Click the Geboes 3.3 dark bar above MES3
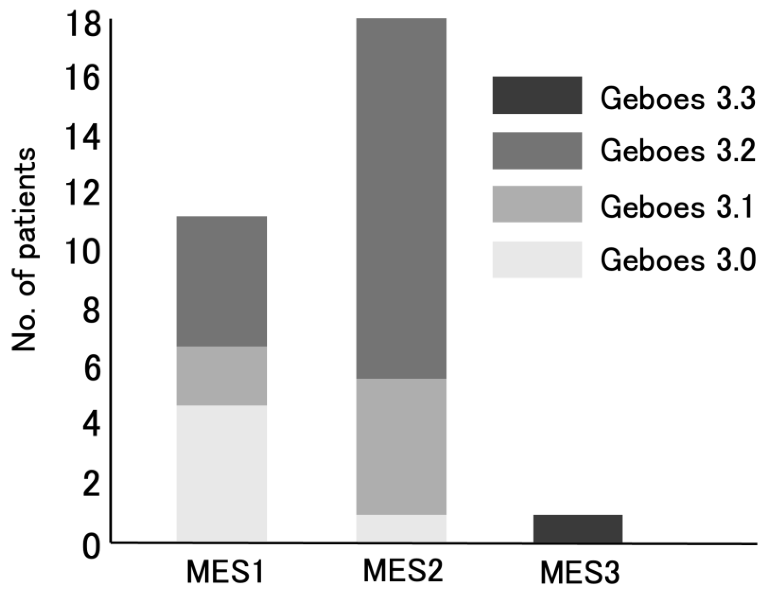click(578, 529)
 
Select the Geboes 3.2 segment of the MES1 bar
click(221, 281)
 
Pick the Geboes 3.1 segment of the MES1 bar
click(221, 376)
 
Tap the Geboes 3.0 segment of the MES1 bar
click(221, 473)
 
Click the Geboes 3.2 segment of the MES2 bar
click(401, 198)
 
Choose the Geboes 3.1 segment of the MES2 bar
click(401, 446)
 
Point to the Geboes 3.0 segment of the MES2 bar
click(401, 529)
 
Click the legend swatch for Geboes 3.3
click(537, 95)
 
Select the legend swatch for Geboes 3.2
click(537, 151)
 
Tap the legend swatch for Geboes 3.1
click(537, 204)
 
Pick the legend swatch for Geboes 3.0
click(537, 260)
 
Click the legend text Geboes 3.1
click(677, 207)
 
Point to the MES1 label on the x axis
click(225, 572)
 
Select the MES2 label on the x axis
click(403, 571)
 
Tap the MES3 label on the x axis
click(580, 573)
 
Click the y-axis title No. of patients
click(24, 250)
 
